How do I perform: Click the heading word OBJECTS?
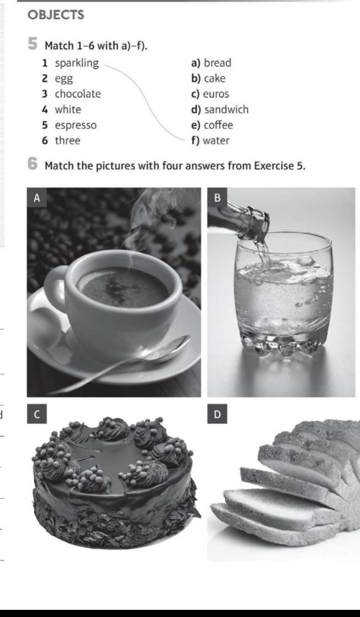56,15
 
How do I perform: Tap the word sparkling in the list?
77,63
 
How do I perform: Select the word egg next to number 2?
64,79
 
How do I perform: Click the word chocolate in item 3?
78,94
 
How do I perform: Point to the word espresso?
76,125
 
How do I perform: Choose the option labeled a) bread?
211,63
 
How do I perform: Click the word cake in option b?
215,79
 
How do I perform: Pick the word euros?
216,94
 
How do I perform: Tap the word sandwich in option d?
226,109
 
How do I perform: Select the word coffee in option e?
218,125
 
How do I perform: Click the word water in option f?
216,141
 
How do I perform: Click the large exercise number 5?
33,44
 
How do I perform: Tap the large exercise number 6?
33,164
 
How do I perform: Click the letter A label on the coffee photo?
36,198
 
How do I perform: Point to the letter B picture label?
217,197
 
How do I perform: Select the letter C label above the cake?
36,414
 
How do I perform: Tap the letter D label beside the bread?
217,414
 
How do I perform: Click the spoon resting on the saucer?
130,363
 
